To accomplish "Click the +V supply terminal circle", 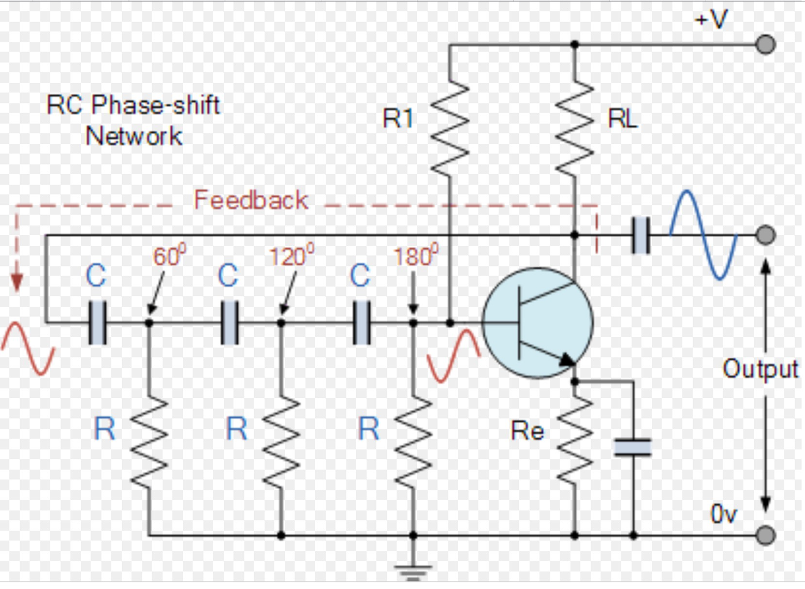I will click(x=765, y=45).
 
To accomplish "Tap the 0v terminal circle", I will click(x=765, y=536).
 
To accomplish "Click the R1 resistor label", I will click(x=398, y=119).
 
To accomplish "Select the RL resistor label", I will click(x=623, y=120).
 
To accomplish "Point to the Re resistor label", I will click(x=527, y=431).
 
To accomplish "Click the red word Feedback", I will click(x=251, y=200).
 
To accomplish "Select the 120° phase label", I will click(x=291, y=256).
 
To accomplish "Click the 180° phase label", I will click(x=416, y=256).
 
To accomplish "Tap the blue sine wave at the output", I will click(x=702, y=234).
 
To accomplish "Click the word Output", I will click(x=760, y=369).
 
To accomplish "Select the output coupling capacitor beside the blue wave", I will click(x=640, y=236).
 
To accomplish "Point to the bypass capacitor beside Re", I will click(x=632, y=447).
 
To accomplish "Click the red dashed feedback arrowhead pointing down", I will click(x=17, y=284).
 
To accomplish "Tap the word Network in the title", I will click(x=134, y=136).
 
